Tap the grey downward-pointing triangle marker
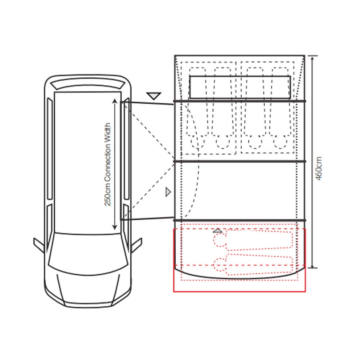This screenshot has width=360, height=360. click(x=154, y=96)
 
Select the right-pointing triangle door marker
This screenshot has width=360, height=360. click(x=168, y=192)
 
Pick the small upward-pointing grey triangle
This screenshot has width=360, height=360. click(x=217, y=230)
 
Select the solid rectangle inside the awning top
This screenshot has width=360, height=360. click(x=240, y=87)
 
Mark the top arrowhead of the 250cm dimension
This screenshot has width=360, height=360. click(x=114, y=101)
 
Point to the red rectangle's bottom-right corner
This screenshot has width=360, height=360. click(x=305, y=291)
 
